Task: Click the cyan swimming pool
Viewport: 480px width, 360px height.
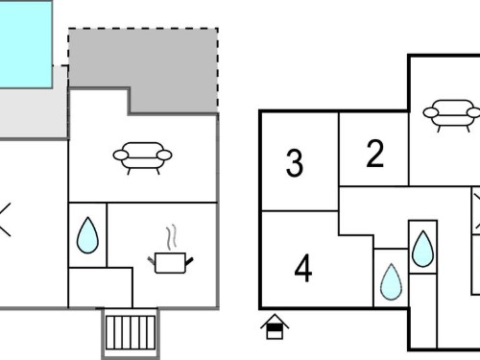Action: pos(26,44)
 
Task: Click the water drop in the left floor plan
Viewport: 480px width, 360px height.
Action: pos(87,235)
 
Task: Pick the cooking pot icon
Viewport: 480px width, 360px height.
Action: pos(170,262)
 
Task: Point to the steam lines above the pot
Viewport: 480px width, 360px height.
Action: pos(172,237)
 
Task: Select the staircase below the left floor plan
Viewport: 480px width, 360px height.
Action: pos(131,333)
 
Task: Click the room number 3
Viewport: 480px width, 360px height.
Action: pos(295,163)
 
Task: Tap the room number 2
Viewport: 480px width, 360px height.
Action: pos(374,154)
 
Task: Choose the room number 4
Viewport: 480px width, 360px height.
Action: pos(303,268)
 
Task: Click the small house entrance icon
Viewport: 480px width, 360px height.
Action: pos(275,327)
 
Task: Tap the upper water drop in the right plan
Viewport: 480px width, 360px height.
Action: pos(423,249)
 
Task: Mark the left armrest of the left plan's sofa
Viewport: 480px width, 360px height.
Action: pos(121,156)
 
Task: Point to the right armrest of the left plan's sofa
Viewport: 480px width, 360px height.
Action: pos(164,156)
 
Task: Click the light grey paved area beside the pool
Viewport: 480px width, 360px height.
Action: pos(34,112)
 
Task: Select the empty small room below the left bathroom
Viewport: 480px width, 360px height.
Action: pos(101,287)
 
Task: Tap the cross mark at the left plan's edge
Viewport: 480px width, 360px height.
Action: pos(5,220)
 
